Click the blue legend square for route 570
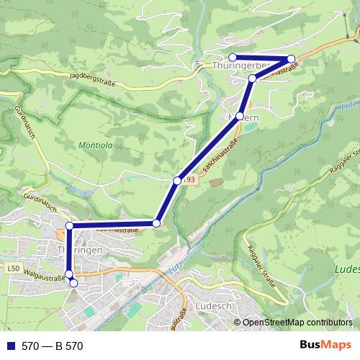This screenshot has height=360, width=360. point(9,346)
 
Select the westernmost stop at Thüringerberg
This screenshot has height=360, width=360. point(233,58)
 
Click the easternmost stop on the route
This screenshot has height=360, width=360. point(291,59)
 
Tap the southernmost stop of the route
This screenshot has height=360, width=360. point(73,284)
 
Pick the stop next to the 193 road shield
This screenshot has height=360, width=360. point(176,180)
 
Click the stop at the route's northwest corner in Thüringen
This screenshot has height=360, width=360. point(70,226)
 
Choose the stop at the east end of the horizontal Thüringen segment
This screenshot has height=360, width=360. point(156,223)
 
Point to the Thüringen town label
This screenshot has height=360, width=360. point(79,249)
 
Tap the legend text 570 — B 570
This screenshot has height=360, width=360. point(53,346)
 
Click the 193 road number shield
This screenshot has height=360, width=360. point(189,179)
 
